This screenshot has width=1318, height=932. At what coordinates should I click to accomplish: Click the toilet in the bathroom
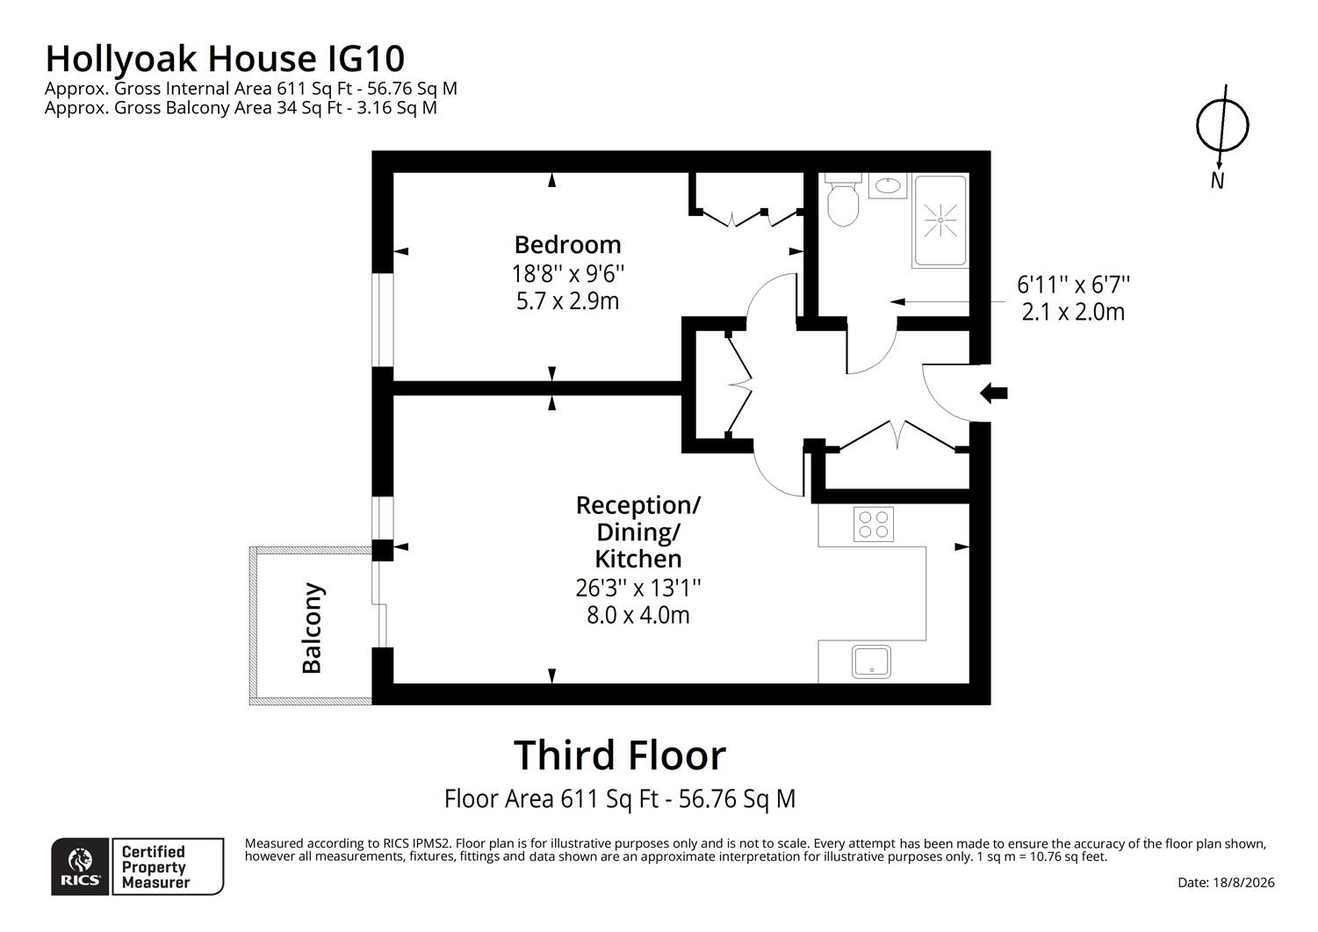point(843,199)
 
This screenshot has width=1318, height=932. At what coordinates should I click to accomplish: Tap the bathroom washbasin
point(888,185)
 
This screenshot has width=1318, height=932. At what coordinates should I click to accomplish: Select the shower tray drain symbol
point(940,220)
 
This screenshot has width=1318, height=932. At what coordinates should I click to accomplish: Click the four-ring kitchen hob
point(874,524)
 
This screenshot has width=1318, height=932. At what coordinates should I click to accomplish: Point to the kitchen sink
point(871,661)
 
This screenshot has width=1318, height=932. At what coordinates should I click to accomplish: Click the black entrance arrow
point(993,393)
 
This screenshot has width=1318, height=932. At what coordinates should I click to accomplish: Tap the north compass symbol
point(1221,126)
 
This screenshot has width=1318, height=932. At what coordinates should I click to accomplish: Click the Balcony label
point(312,627)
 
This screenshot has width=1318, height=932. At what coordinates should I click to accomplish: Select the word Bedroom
point(568,244)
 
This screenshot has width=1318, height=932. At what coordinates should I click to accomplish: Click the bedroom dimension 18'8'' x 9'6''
point(568,273)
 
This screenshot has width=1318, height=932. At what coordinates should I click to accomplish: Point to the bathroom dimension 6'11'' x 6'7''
point(1073,285)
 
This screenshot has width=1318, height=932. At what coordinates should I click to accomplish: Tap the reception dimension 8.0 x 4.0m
point(638,615)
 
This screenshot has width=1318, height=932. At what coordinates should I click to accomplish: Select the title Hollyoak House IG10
point(226,58)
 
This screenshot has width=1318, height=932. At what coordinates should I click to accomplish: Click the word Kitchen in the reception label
point(638,558)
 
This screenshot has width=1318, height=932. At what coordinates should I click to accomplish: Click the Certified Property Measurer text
point(155,867)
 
